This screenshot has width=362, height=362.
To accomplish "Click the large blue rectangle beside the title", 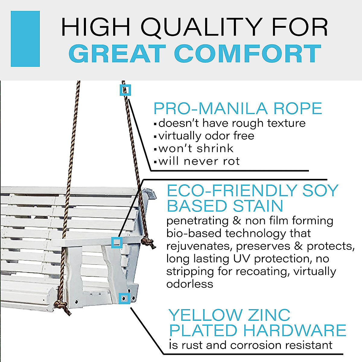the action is pos(25,39).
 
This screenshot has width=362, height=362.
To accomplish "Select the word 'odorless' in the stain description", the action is pos(190,284).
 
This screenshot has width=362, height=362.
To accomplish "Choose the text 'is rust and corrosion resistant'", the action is pos(251,345).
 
